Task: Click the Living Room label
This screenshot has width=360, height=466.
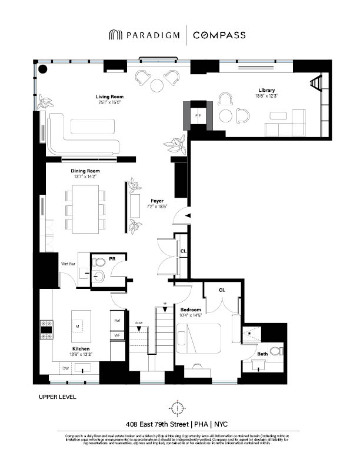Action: click(109, 96)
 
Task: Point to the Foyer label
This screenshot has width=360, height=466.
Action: click(156, 201)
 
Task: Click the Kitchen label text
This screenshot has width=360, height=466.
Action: click(81, 348)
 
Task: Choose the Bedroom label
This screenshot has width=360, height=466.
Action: click(191, 309)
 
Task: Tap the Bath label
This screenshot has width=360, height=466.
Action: click(262, 354)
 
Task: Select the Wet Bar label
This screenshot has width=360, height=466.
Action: click(69, 264)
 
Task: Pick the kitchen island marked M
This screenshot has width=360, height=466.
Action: click(82, 325)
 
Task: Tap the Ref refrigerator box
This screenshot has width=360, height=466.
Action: click(118, 321)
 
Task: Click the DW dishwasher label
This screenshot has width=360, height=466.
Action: click(65, 368)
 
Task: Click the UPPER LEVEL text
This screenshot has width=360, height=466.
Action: click(57, 397)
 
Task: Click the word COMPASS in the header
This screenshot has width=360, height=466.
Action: click(220, 35)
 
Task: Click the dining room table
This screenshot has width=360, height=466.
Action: click(85, 209)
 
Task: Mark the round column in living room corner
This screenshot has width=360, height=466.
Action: click(43, 69)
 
